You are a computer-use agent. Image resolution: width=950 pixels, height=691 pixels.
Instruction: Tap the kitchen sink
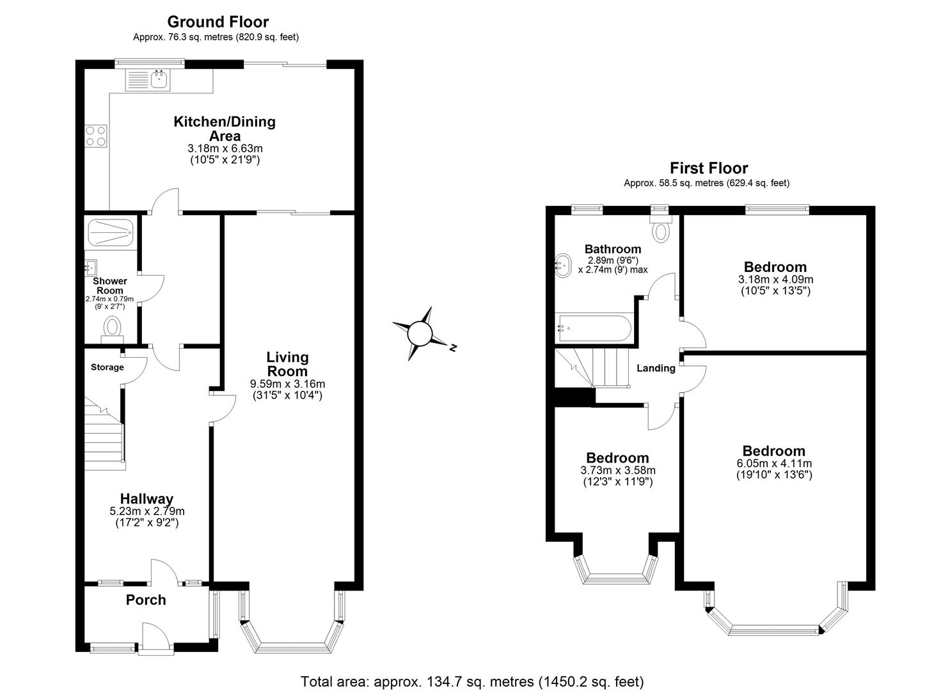click(159, 80)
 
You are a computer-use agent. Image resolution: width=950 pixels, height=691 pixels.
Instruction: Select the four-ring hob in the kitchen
click(96, 135)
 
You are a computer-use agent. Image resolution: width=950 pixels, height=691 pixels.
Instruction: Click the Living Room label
click(287, 364)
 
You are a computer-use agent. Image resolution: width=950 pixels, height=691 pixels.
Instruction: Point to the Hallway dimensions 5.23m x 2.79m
click(146, 511)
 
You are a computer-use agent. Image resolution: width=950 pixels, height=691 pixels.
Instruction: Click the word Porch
click(146, 600)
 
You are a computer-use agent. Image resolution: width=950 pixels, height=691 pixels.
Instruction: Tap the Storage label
click(107, 367)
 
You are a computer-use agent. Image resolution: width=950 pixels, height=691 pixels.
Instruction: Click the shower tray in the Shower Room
click(110, 233)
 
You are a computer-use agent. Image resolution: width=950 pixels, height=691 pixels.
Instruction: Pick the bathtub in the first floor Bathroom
click(594, 328)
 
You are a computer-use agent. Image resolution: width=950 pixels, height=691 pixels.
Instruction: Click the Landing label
click(656, 369)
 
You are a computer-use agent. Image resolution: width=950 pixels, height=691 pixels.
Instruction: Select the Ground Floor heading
click(218, 22)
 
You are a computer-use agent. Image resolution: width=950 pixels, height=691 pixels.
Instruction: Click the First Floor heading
click(708, 168)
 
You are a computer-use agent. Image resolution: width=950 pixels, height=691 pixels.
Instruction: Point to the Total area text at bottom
click(472, 681)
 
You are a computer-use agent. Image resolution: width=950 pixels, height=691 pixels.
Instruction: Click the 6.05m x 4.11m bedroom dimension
click(774, 464)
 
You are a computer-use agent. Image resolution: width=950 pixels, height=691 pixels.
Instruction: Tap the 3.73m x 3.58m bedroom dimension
click(617, 470)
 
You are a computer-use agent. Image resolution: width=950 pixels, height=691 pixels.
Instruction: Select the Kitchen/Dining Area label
click(225, 129)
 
